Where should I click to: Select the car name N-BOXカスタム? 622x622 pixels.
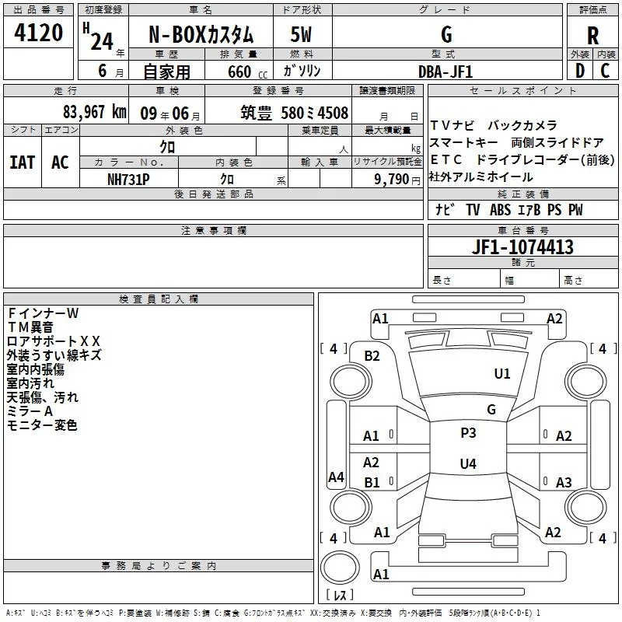pyautogui.click(x=201, y=35)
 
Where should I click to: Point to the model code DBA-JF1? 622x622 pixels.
pyautogui.click(x=446, y=71)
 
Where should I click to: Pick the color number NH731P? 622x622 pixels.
pyautogui.click(x=128, y=179)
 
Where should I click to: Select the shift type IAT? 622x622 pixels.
pyautogui.click(x=23, y=162)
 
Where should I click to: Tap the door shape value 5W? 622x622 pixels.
pyautogui.click(x=302, y=34)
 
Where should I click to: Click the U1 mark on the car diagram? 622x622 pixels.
pyautogui.click(x=502, y=374)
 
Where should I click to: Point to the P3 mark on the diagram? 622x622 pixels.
pyautogui.click(x=468, y=433)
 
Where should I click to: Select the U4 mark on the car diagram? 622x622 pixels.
pyautogui.click(x=468, y=464)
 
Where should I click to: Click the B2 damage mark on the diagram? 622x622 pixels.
pyautogui.click(x=372, y=356)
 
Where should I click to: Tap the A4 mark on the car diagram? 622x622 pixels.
pyautogui.click(x=336, y=477)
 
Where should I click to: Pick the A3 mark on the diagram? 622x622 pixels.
pyautogui.click(x=564, y=482)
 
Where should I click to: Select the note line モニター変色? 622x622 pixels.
pyautogui.click(x=42, y=425)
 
